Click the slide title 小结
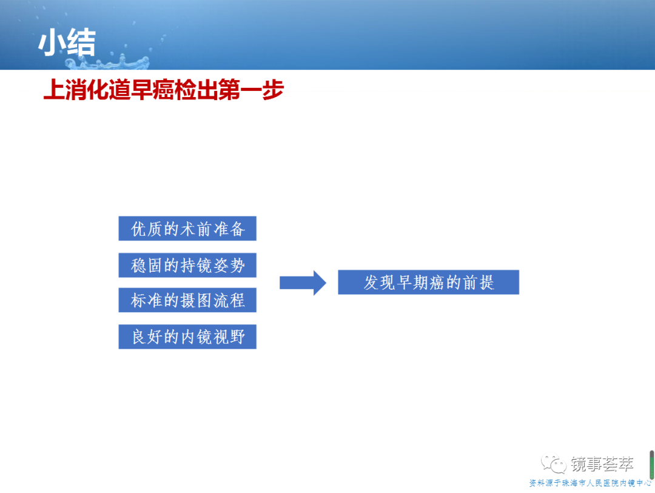pyautogui.click(x=67, y=42)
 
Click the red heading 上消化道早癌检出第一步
pyautogui.click(x=164, y=89)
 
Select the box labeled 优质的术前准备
pyautogui.click(x=187, y=229)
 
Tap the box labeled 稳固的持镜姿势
pyautogui.click(x=187, y=265)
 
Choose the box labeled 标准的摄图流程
pyautogui.click(x=187, y=300)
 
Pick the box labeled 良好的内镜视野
pyautogui.click(x=187, y=337)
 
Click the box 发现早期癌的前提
pyautogui.click(x=429, y=283)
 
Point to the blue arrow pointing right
pyautogui.click(x=303, y=283)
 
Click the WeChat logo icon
pyautogui.click(x=554, y=463)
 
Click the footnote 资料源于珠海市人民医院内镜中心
pyautogui.click(x=590, y=483)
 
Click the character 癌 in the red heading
pyautogui.click(x=164, y=89)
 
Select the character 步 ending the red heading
pyautogui.click(x=273, y=89)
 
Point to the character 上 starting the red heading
pyautogui.click(x=55, y=89)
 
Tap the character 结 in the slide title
pyautogui.click(x=82, y=42)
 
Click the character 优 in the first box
pyautogui.click(x=139, y=229)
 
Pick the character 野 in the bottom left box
pyautogui.click(x=237, y=337)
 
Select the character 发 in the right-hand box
pyautogui.click(x=371, y=283)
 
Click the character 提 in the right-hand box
pyautogui.click(x=487, y=283)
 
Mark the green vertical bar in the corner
pyautogui.click(x=651, y=464)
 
